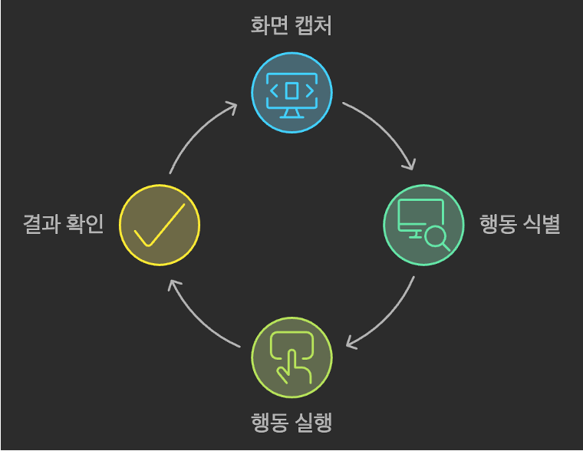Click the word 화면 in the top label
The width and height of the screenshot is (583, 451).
266,26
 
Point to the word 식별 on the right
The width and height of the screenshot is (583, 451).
544,225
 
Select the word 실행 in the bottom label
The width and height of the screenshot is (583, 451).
316,423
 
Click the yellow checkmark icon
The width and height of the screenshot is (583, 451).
160,224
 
